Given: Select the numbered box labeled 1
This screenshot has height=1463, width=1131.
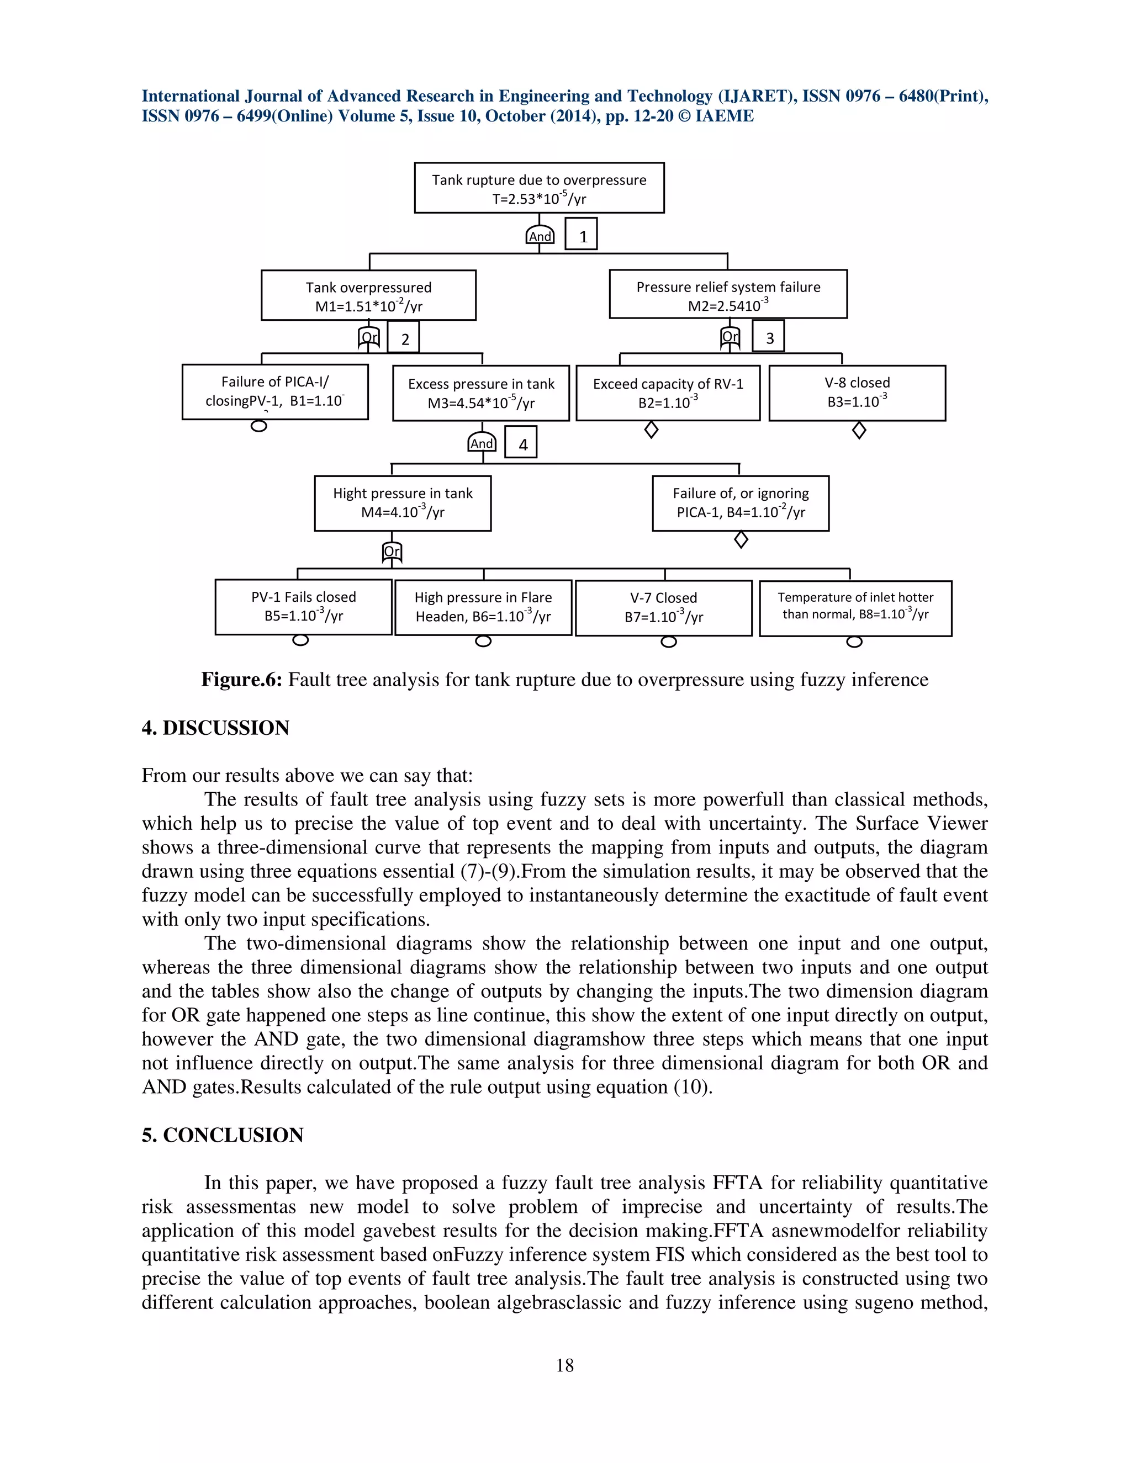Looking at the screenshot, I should coord(581,235).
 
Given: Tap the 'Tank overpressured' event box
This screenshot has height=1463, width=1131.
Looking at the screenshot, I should coord(368,295).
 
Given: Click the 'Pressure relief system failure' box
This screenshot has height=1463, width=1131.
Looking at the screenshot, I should coord(728,295).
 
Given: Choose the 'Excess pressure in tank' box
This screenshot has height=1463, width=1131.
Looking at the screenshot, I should coord(481,393).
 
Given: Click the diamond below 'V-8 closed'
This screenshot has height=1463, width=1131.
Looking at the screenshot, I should coord(859,430).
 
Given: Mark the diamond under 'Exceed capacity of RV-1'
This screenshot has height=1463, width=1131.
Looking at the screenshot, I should coord(651,430).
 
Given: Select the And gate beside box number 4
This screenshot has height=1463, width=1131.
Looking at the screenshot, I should coord(482,442).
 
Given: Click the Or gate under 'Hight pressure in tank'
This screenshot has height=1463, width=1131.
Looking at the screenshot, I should coord(392,552).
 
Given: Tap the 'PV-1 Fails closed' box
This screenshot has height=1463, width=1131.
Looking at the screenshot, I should coord(304,607).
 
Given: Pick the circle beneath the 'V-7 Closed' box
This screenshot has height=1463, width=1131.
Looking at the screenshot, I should coord(668,642).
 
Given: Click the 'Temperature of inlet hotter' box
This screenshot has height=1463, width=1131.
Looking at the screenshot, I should coord(855,608).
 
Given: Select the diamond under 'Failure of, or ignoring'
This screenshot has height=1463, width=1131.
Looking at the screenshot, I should coord(741,539).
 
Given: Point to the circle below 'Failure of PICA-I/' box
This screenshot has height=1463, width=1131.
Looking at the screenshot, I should coord(258,426).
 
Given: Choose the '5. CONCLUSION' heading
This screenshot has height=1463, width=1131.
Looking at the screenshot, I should coord(223,1135).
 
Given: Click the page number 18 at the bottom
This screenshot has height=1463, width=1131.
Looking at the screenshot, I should coord(565,1365).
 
